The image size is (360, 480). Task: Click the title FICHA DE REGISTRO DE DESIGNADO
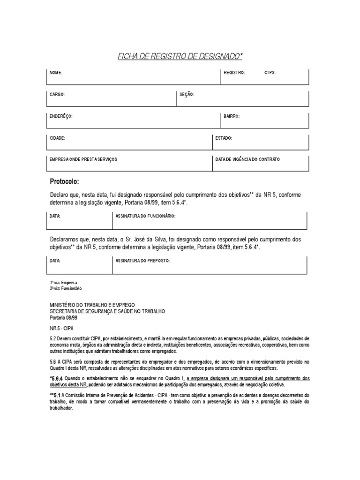click(x=180, y=57)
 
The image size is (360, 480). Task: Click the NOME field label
click(x=56, y=73)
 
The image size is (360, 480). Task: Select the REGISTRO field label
click(x=234, y=73)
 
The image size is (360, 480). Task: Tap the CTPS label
click(x=270, y=73)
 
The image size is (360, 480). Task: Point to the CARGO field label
click(x=57, y=95)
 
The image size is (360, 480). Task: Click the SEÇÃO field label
click(x=187, y=95)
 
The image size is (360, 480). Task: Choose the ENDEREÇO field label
click(x=61, y=116)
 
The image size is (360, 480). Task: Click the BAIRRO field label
click(x=232, y=116)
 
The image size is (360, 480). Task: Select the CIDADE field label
click(x=58, y=138)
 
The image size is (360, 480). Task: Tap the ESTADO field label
click(x=224, y=138)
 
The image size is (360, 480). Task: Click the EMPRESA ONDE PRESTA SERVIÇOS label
click(x=83, y=160)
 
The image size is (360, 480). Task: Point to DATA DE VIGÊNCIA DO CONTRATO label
click(x=247, y=160)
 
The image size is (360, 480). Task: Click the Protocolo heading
click(x=65, y=181)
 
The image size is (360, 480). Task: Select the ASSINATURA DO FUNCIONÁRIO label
click(x=145, y=216)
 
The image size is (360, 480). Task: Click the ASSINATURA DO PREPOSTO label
click(x=142, y=260)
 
